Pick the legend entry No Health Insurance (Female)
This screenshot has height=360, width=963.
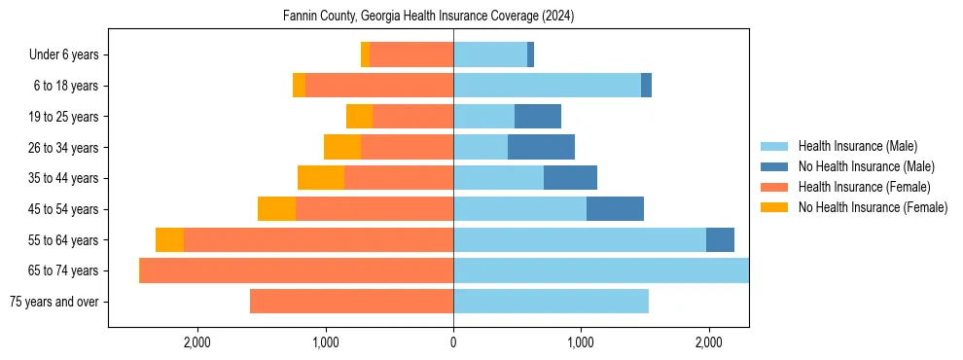(873, 207)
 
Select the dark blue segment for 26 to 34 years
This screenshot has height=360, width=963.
(541, 148)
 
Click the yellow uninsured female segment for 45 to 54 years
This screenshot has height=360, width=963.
(276, 209)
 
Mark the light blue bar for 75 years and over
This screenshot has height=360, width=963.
(551, 302)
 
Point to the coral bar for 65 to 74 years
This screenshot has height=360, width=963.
(297, 270)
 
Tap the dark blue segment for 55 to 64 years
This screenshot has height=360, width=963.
(720, 240)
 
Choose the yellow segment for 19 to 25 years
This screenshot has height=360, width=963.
(359, 117)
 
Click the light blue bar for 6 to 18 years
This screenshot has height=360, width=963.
(547, 86)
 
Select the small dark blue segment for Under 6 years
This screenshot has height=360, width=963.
(530, 55)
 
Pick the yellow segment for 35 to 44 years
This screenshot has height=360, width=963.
(321, 178)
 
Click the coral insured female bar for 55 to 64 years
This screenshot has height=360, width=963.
(318, 240)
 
